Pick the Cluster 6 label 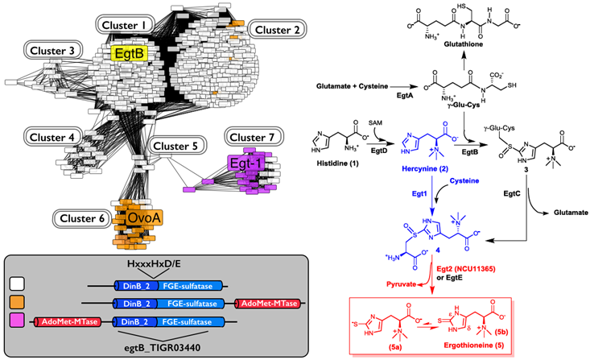click(79, 217)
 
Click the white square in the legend click(18, 283)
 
